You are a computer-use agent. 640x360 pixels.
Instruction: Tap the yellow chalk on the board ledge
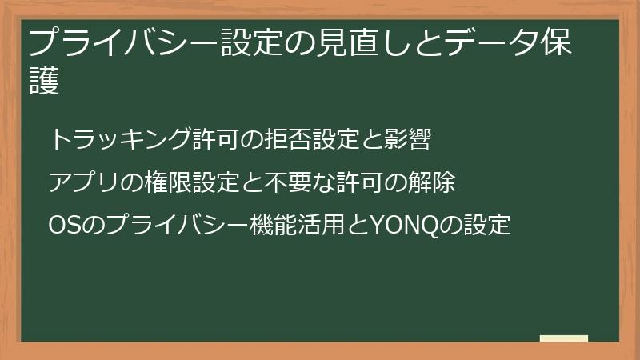pos(563,338)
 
